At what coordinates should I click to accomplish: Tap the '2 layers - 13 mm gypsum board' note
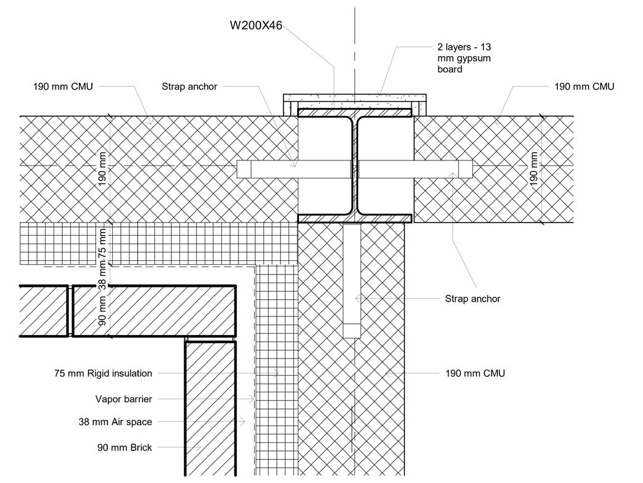463,58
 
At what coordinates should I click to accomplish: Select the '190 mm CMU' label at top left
63,86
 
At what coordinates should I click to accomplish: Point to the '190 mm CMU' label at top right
584,86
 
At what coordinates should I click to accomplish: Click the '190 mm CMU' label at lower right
475,373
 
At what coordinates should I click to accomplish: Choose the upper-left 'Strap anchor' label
189,86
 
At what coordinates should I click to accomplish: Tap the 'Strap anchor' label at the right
472,299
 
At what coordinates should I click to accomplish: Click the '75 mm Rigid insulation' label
103,373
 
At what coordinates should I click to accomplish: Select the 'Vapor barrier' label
123,399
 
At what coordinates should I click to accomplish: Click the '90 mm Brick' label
125,447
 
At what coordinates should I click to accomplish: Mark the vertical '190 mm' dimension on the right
534,168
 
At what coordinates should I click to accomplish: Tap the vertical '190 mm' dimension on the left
103,168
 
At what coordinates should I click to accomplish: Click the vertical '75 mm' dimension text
103,246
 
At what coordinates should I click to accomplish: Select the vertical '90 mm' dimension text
103,312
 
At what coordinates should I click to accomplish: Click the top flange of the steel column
354,114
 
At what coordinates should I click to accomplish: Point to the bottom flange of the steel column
354,218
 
